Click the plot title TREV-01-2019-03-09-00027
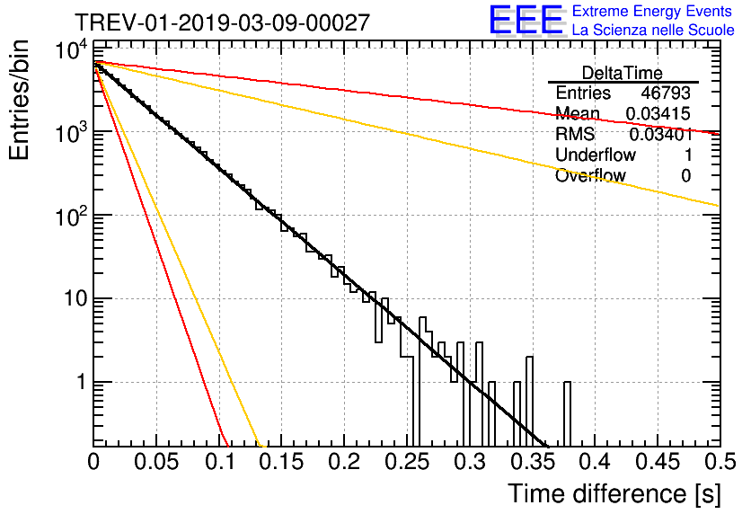click(x=222, y=22)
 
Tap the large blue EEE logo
click(x=526, y=21)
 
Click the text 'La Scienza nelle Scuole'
click(x=653, y=30)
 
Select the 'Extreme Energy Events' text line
click(x=653, y=11)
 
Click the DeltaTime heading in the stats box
click(x=623, y=72)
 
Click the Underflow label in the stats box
click(x=596, y=155)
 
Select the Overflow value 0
click(x=685, y=175)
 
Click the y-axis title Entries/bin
click(x=20, y=100)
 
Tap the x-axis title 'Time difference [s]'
click(x=613, y=493)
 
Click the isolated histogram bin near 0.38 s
click(x=567, y=413)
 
